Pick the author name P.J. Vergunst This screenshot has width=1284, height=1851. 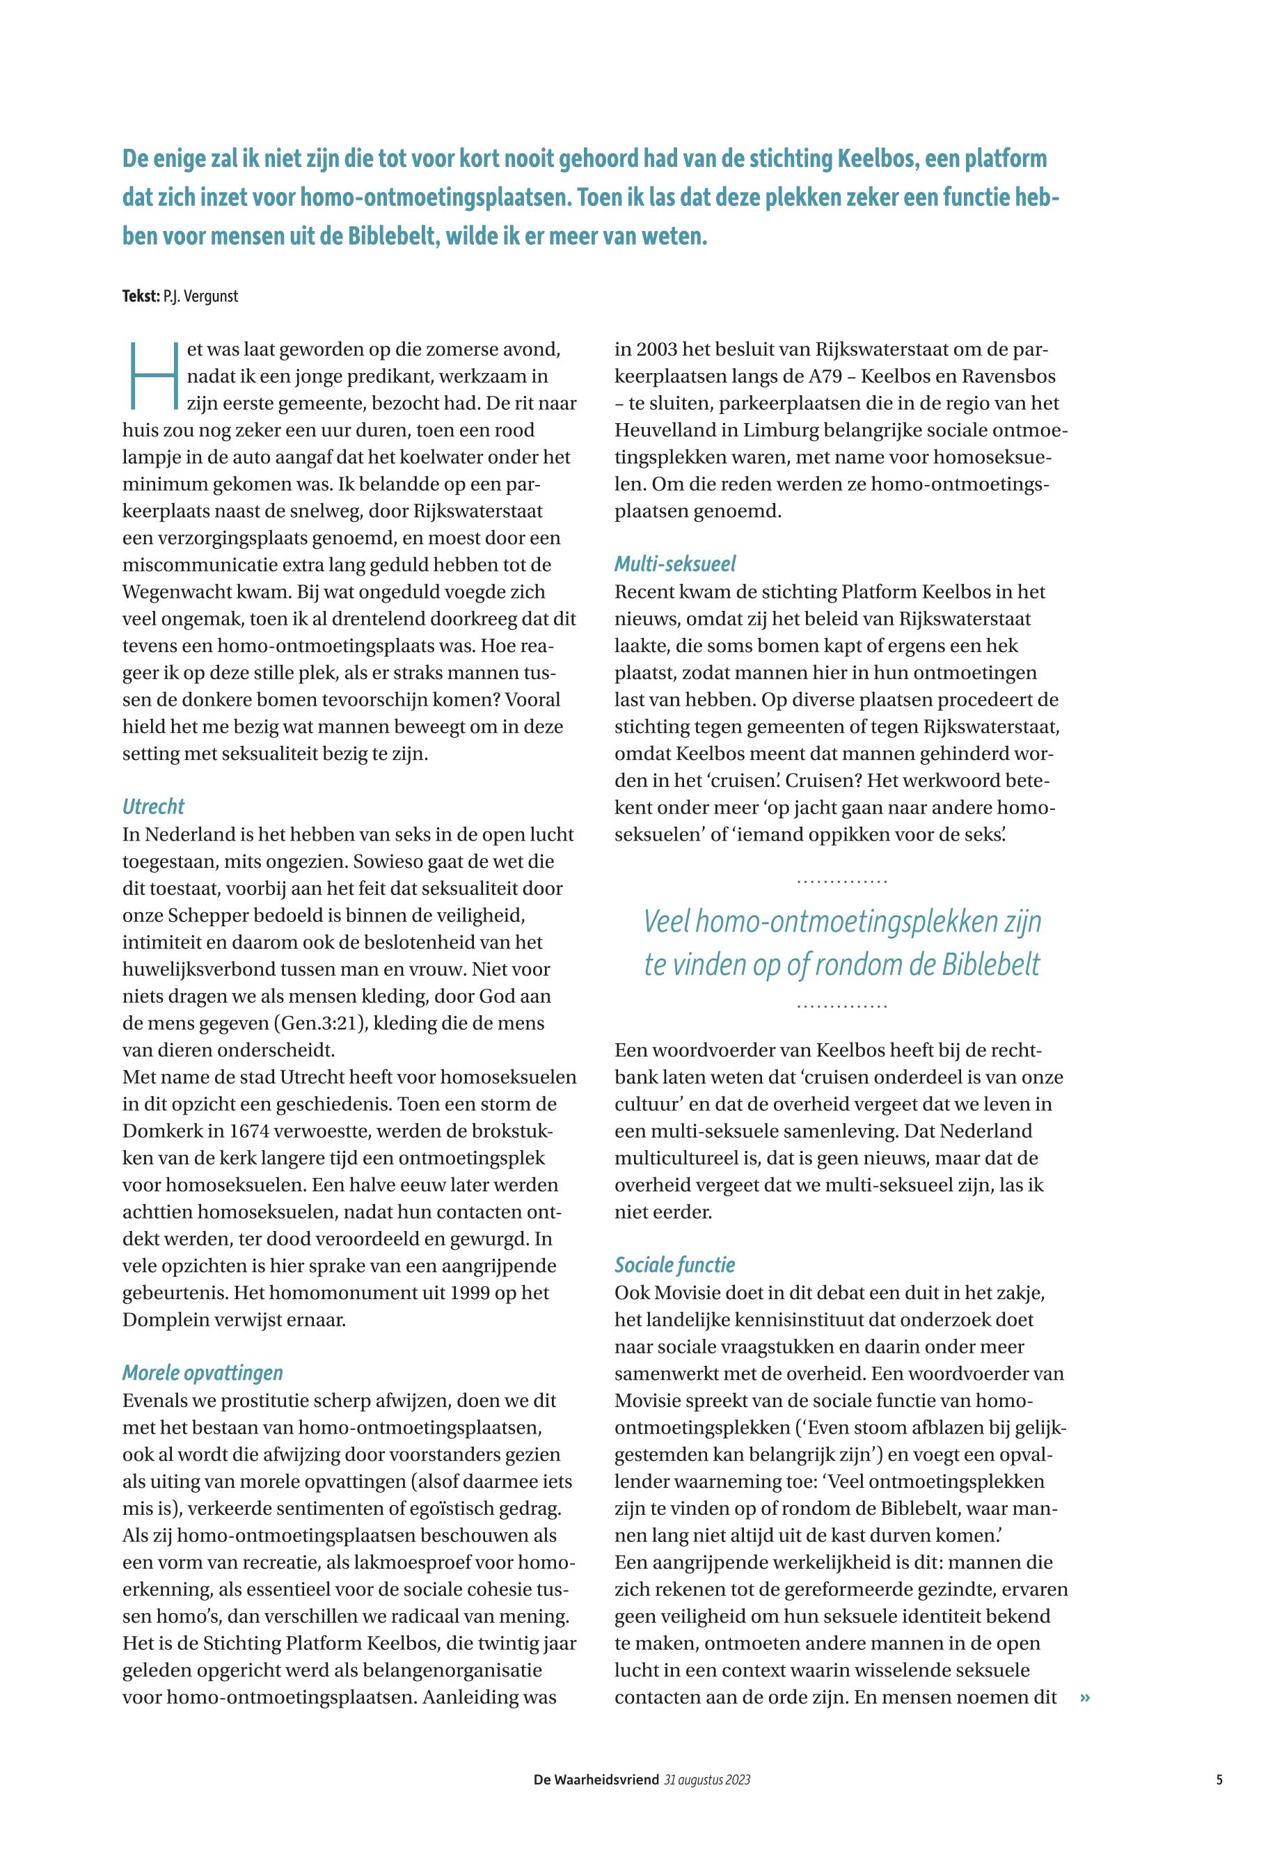[200, 296]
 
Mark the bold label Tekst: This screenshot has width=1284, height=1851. [141, 296]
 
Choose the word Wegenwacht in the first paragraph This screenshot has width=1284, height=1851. [166, 592]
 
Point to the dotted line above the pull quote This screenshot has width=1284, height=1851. [841, 882]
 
